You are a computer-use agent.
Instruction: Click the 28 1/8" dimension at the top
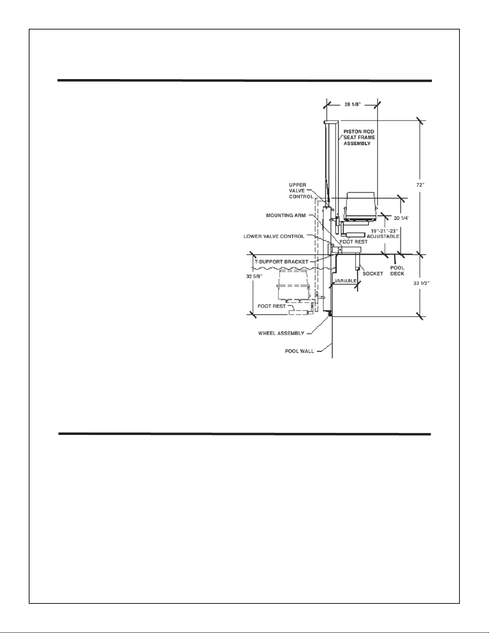coord(352,104)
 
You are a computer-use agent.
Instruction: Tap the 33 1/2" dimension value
coord(422,283)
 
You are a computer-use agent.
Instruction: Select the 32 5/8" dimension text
coord(254,276)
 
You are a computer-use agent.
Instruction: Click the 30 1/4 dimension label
coord(402,218)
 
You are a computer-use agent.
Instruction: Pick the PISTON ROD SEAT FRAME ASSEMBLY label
coord(359,137)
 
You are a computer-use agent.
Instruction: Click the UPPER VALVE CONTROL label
coord(301,191)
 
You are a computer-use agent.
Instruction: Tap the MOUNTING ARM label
coord(286,216)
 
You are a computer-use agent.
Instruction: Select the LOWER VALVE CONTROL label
coord(274,236)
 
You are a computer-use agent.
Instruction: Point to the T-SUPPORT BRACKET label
coord(281,262)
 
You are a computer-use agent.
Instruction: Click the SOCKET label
coord(372,274)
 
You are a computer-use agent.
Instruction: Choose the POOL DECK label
coord(397,271)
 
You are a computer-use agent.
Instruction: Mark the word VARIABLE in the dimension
coord(346,281)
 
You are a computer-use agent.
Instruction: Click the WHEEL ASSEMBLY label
coord(281,333)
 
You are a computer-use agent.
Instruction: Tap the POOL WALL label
coord(299,351)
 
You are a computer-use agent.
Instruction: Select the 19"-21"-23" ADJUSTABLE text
coord(383,234)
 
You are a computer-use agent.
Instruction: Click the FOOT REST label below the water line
coord(271,306)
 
